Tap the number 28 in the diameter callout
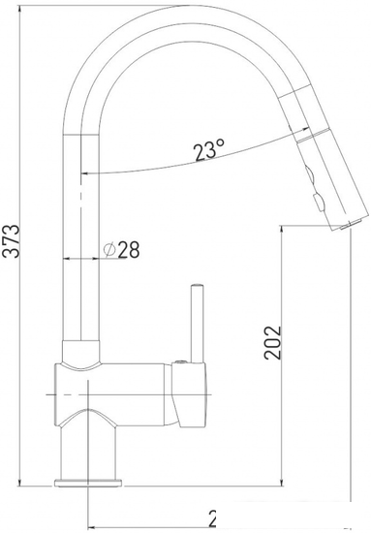tap(129, 249)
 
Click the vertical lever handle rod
tap(198, 325)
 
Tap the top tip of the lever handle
tap(198, 288)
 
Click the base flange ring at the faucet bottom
tap(88, 481)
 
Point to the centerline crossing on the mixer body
tap(88, 396)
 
